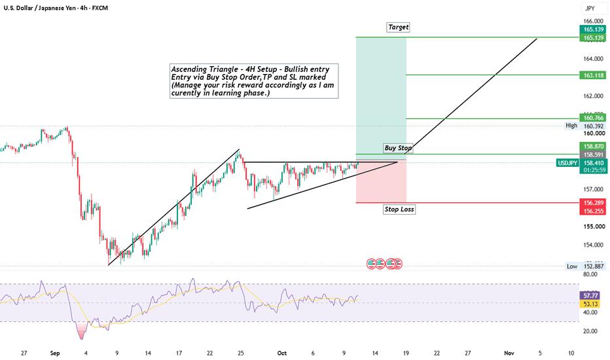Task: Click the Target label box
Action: tap(399, 27)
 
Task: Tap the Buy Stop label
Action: tap(397, 148)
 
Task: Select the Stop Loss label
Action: tap(399, 209)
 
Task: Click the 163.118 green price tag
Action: tap(593, 75)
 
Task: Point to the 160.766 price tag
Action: tap(593, 118)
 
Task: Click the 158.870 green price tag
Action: tap(593, 147)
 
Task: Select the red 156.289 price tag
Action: tap(593, 203)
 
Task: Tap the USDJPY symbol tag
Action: tap(567, 163)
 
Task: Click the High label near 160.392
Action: tap(571, 125)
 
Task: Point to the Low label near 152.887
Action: tap(572, 266)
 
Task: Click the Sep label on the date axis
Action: tap(55, 353)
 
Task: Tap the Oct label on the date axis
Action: tap(282, 353)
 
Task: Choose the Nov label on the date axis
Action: tap(509, 353)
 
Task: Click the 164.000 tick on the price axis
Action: tap(593, 59)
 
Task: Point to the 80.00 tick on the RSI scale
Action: tap(590, 274)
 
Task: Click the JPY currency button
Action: tap(590, 8)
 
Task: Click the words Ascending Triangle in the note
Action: tap(199, 69)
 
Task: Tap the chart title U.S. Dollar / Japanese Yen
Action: tap(41, 8)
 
